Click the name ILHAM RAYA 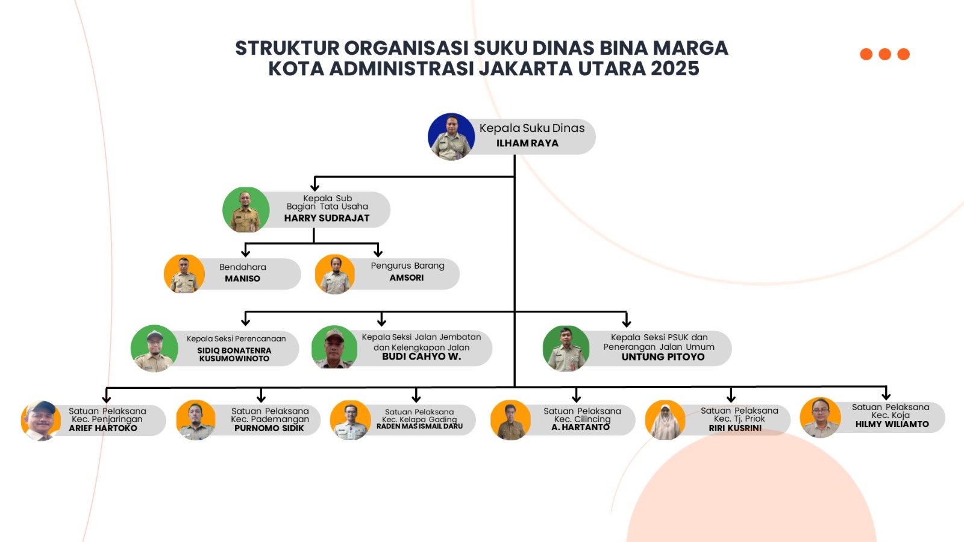click(527, 143)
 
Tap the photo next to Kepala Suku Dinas click(451, 136)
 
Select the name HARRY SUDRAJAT click(327, 218)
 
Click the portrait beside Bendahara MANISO click(184, 274)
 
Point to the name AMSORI click(407, 278)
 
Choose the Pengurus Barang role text click(407, 266)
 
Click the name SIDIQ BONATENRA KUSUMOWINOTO click(234, 355)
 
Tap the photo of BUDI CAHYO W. click(334, 347)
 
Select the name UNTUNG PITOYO click(663, 357)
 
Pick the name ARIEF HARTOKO click(103, 428)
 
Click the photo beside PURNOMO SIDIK click(196, 420)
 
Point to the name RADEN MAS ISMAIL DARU click(419, 426)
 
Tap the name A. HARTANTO click(581, 427)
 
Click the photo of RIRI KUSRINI click(665, 420)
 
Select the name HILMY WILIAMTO click(892, 424)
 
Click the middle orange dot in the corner click(885, 54)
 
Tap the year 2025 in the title click(675, 69)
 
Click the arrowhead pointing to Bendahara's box click(246, 252)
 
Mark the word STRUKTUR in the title click(287, 48)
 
